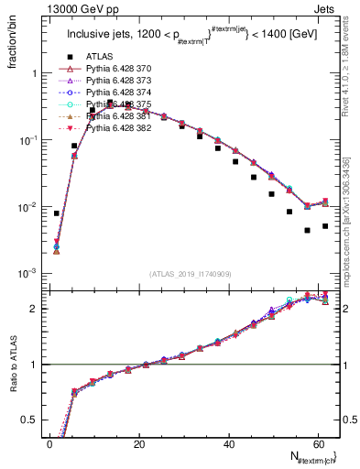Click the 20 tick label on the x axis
tap(138, 444)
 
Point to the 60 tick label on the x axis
tap(316, 444)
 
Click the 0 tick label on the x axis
tap(49, 444)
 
